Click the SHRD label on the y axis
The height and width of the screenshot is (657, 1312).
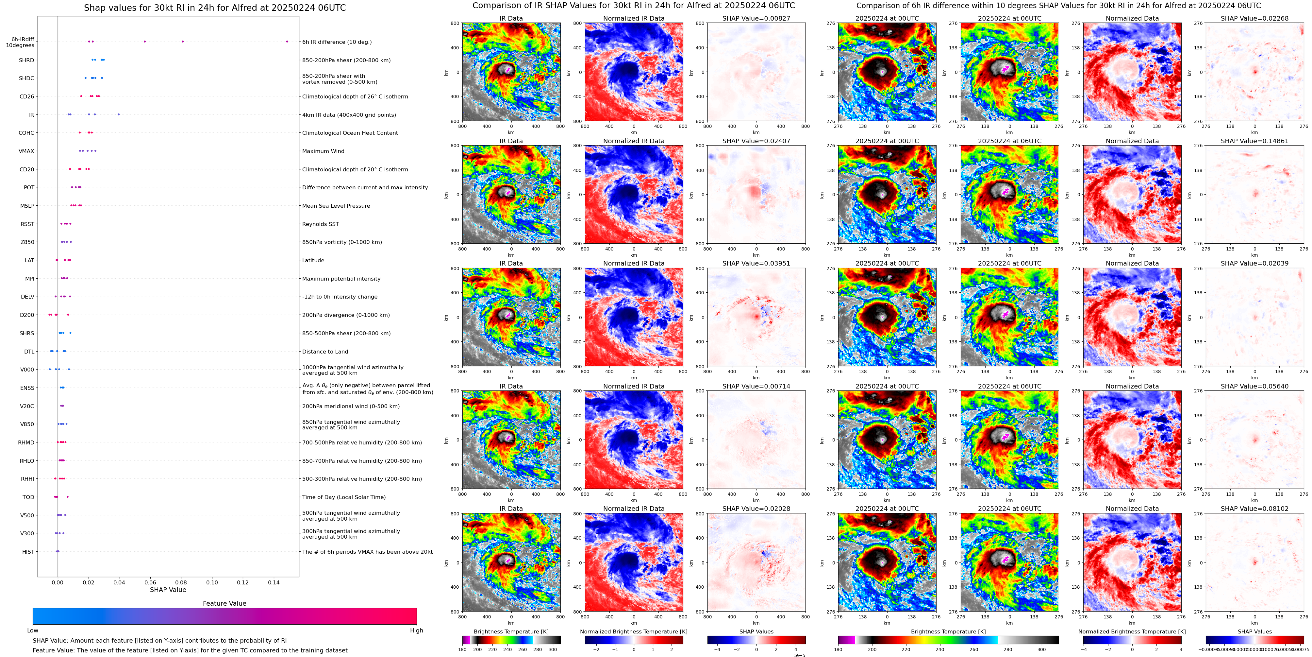coord(26,60)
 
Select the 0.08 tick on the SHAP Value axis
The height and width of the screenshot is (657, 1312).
coord(181,582)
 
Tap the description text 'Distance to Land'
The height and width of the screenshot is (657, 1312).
coord(325,352)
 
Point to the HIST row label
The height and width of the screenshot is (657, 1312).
coord(28,551)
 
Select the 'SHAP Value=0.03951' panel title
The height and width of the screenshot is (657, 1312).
coord(756,264)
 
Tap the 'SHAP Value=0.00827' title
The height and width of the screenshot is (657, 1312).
coord(756,18)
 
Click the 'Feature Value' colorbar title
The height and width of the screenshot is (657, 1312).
coord(224,603)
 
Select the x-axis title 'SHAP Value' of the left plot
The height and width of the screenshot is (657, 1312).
coord(168,590)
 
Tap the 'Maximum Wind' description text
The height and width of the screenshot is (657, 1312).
coord(323,151)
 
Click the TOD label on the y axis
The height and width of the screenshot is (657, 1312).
coord(28,497)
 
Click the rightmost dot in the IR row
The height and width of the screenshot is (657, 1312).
coord(119,114)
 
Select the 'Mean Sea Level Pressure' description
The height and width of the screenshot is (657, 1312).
coord(336,206)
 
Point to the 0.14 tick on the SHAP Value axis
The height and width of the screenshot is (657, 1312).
coord(274,582)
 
